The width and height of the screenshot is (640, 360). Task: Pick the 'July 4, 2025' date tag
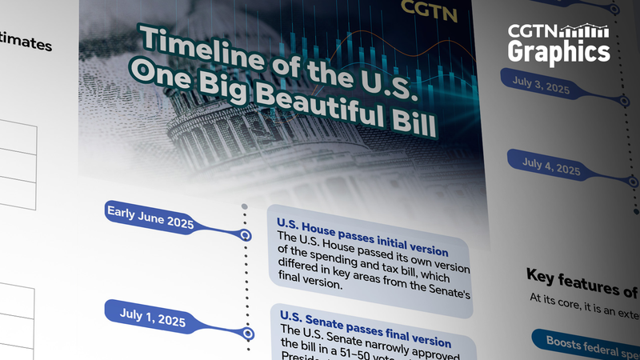coord(551,166)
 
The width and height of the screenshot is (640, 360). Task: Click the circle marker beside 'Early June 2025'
coord(246,235)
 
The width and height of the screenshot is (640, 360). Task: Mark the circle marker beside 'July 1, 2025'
coord(248,334)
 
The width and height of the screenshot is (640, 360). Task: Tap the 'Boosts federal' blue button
coord(588,342)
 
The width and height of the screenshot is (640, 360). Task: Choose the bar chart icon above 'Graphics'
coord(584,31)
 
